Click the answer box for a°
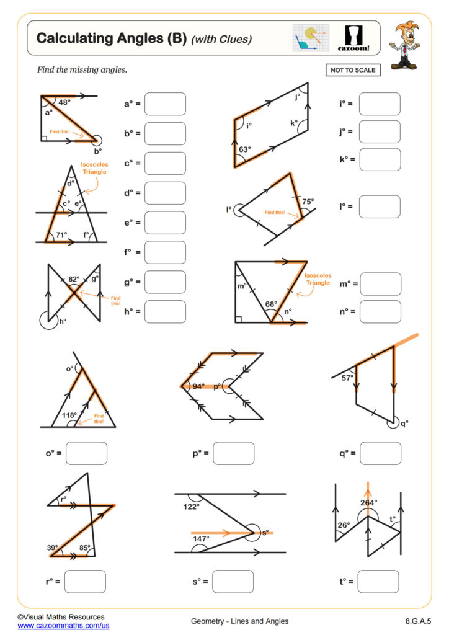(165, 104)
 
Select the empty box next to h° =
(165, 311)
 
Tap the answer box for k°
(380, 159)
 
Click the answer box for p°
(233, 453)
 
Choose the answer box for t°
(378, 581)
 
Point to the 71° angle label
(61, 234)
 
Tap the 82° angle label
(74, 280)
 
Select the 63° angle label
(246, 149)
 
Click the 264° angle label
(368, 502)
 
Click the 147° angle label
(200, 539)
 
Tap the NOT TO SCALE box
(352, 70)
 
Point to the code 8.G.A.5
(415, 621)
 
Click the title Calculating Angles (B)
(112, 38)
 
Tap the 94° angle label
(198, 386)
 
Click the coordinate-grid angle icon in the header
(311, 38)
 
